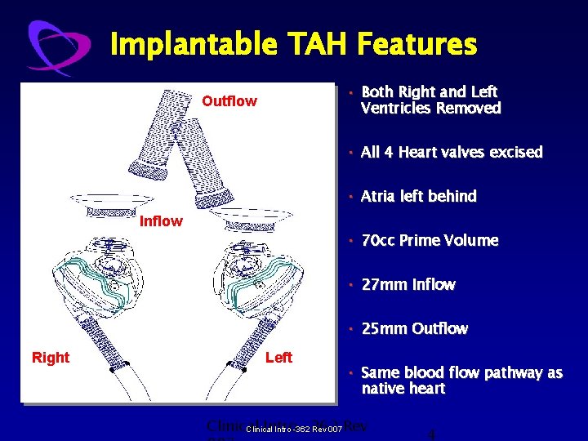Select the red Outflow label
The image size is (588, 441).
pyautogui.click(x=229, y=101)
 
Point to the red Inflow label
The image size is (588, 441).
pyautogui.click(x=162, y=221)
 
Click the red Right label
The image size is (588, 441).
pyautogui.click(x=51, y=358)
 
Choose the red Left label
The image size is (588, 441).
pyautogui.click(x=278, y=358)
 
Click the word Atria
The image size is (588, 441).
pyautogui.click(x=379, y=197)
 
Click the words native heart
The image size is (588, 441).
pyautogui.click(x=403, y=389)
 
